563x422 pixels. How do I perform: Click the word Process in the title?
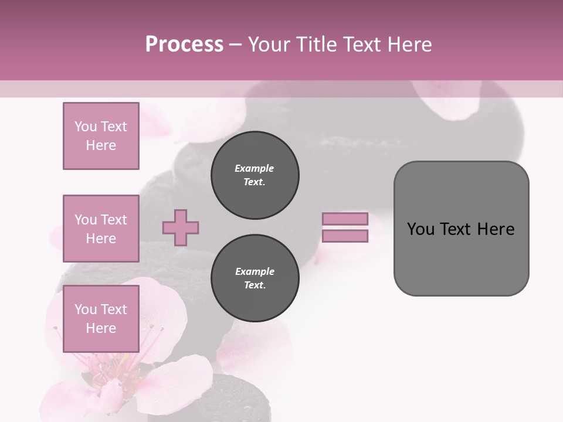tap(184, 45)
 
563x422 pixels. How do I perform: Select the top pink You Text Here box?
tap(101, 136)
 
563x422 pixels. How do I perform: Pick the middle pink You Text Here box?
tap(101, 229)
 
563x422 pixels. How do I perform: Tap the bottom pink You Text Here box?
tap(101, 319)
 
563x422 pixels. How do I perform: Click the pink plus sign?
tap(181, 227)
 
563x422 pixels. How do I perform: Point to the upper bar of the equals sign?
tap(345, 219)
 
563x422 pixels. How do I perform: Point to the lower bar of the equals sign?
tap(345, 236)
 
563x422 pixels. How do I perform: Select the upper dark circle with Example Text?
tap(255, 175)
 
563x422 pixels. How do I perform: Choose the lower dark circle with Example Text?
tap(255, 278)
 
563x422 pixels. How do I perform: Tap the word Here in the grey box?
tap(496, 229)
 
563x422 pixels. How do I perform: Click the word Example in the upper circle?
tap(255, 168)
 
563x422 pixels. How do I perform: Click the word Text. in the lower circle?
tap(255, 285)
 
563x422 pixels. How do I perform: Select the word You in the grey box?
tap(419, 229)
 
